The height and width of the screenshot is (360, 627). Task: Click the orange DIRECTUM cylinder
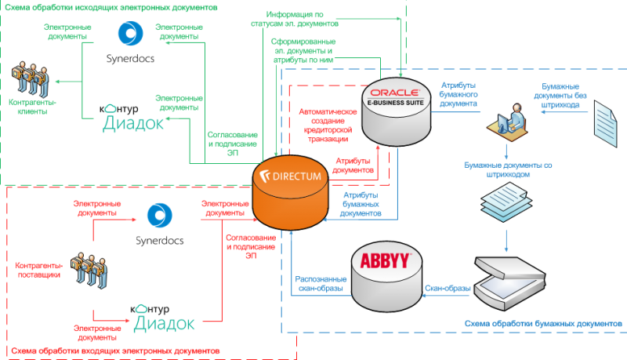(x=289, y=189)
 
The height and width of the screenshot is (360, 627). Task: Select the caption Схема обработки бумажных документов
(x=542, y=323)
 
